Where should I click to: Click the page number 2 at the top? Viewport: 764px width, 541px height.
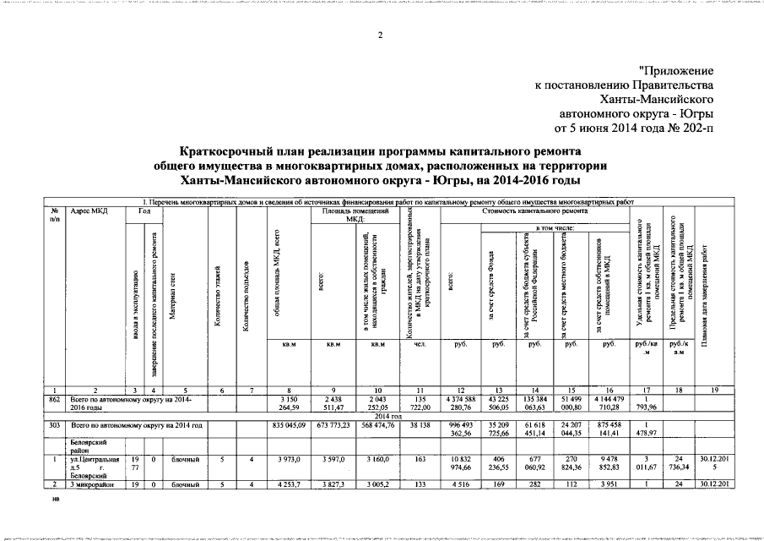(380, 35)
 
